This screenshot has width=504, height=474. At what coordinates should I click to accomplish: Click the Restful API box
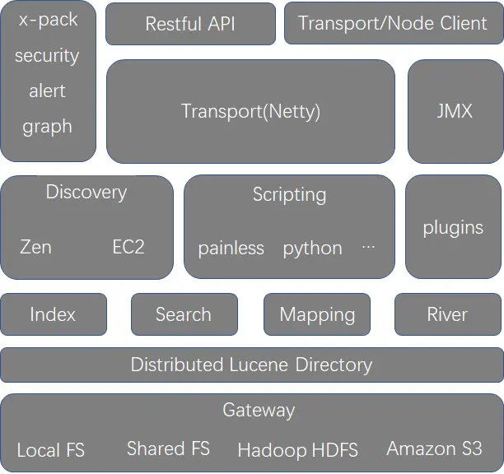tap(190, 24)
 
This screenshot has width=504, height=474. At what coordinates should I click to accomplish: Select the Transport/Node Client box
tap(393, 24)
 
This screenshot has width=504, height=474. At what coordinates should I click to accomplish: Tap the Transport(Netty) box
tap(250, 111)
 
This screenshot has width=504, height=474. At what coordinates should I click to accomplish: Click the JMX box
tap(455, 111)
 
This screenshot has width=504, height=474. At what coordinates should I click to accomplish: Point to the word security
tap(47, 56)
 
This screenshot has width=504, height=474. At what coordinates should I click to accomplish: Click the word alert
tap(47, 91)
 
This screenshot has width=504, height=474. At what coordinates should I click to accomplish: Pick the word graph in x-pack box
tap(47, 127)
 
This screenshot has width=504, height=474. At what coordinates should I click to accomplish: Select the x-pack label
tap(47, 21)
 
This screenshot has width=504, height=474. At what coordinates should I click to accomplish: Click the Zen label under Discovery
tap(35, 247)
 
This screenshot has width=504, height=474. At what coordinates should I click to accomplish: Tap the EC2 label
tap(128, 247)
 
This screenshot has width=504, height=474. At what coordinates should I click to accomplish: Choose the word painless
tap(231, 249)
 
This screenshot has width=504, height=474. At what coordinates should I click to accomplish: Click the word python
tap(312, 249)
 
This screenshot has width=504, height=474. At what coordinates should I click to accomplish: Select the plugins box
tap(453, 228)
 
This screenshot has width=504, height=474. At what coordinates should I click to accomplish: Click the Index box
tap(53, 314)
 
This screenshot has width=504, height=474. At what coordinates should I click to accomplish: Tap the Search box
tap(184, 314)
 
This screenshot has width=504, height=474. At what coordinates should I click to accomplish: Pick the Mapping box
tap(317, 314)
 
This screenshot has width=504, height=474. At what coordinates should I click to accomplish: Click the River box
tap(447, 314)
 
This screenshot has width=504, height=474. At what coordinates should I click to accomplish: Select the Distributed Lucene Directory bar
tap(251, 365)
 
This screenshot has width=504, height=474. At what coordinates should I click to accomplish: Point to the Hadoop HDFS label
tap(297, 450)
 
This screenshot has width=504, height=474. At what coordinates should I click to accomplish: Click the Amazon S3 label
tap(434, 449)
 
